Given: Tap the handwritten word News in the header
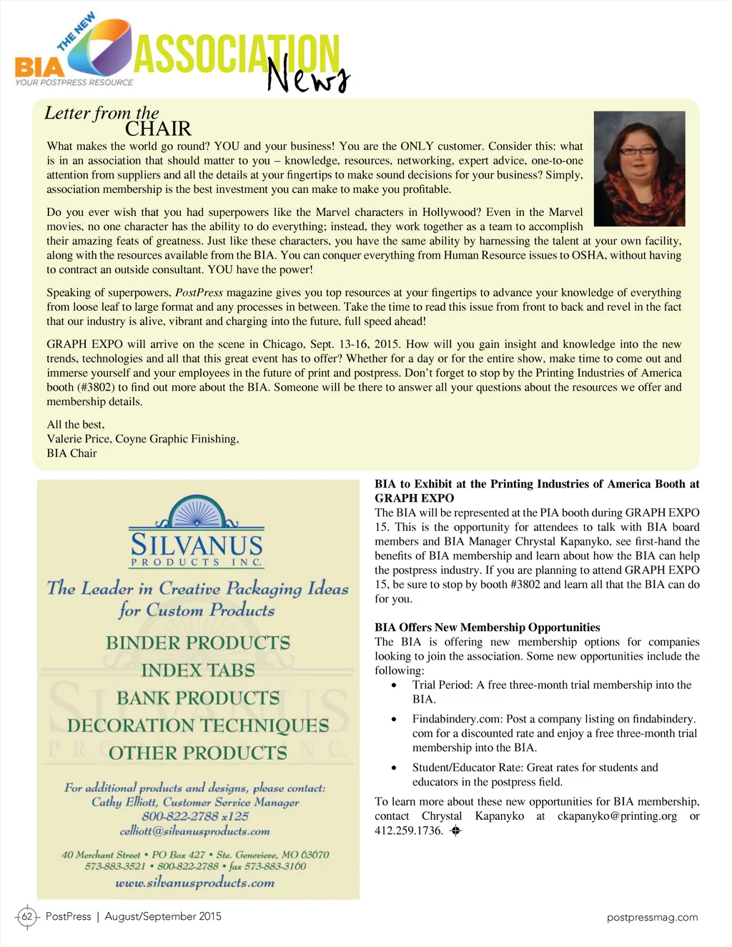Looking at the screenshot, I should (308, 75).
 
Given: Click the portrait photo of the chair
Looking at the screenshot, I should (639, 169).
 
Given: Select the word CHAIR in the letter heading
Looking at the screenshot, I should (158, 129).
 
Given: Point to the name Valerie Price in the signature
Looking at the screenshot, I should (79, 439).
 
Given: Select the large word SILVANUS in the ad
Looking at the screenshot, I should (197, 545).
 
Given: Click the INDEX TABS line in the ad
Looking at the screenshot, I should (198, 670).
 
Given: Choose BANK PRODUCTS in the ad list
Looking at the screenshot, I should (198, 698).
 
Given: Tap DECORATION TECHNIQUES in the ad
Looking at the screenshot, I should (198, 725).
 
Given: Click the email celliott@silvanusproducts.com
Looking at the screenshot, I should (194, 831).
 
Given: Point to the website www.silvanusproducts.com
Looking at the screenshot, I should (194, 883).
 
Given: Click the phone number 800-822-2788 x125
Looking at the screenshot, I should (195, 816).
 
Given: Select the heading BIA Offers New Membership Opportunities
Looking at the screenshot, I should (487, 628).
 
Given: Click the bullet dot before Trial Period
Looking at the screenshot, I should (394, 685).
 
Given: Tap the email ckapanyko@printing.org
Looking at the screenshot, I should (617, 816).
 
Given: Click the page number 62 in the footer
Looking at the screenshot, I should (27, 916).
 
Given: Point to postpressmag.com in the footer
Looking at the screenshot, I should (652, 917).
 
